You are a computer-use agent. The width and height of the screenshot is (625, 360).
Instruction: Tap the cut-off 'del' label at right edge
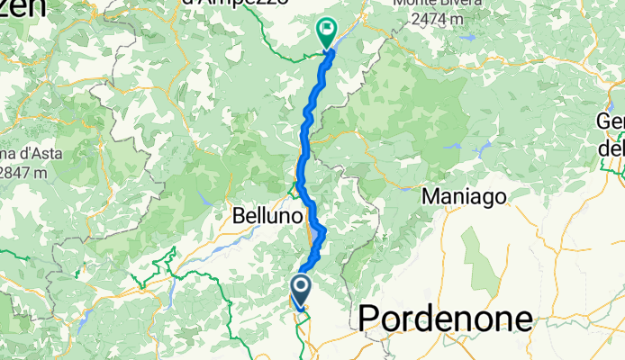click(x=611, y=145)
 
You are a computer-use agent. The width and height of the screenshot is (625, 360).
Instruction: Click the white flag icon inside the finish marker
click(x=325, y=30)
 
